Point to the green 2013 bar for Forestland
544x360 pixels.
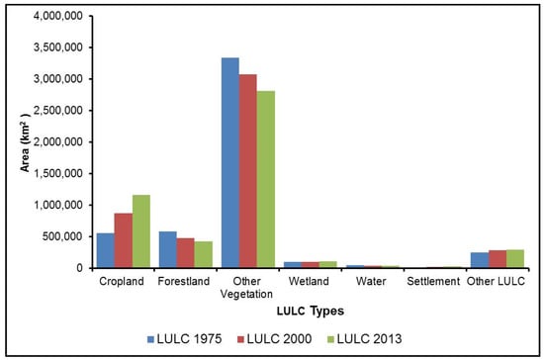[x=203, y=254]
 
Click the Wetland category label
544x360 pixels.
[x=312, y=282]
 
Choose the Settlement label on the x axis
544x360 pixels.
[x=432, y=282]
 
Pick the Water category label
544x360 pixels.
[x=372, y=282]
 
